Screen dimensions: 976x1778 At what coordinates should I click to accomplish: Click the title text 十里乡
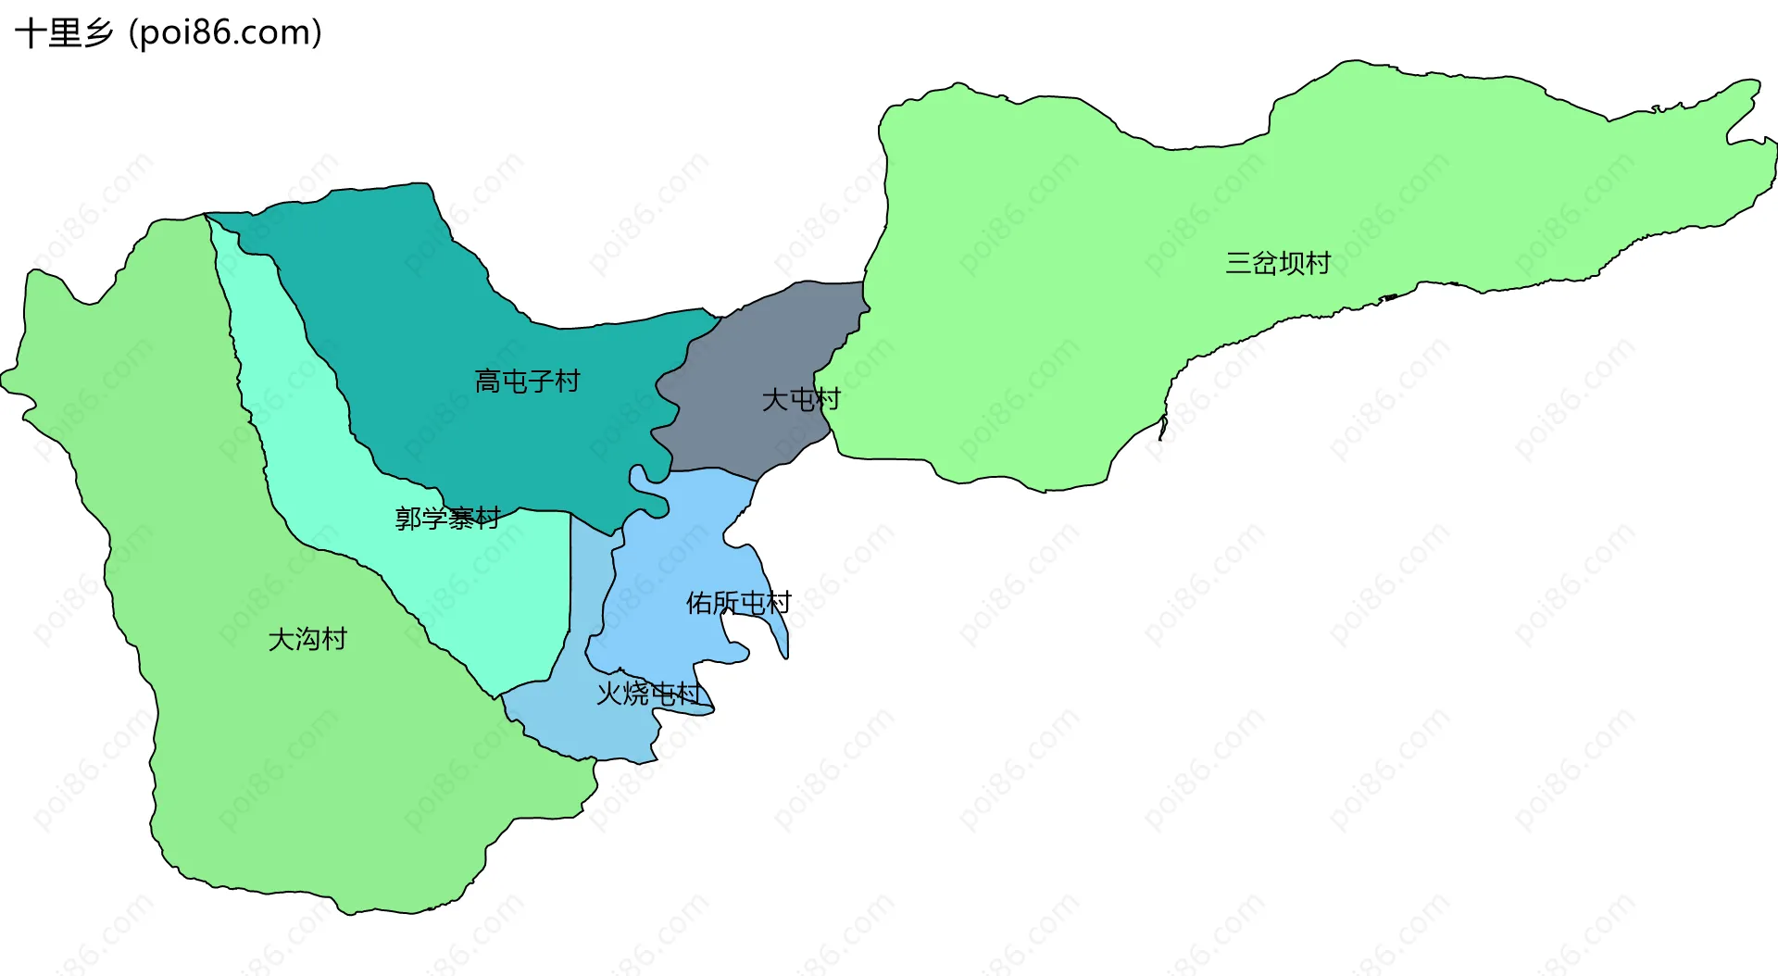(x=64, y=33)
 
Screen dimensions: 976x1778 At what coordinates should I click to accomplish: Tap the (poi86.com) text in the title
(x=226, y=33)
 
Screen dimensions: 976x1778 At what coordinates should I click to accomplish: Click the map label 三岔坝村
(x=1278, y=263)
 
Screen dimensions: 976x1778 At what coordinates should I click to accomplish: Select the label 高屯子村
(x=527, y=381)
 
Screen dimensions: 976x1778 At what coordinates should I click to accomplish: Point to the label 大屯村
(x=800, y=399)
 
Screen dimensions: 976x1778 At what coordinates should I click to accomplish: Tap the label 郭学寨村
(x=448, y=518)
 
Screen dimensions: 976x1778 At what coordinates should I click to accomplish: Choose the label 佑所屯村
(x=738, y=603)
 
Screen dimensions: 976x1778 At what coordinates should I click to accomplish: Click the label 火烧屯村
(x=648, y=693)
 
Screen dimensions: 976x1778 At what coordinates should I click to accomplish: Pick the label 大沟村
(x=307, y=639)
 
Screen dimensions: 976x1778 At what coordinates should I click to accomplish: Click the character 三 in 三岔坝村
(x=1238, y=263)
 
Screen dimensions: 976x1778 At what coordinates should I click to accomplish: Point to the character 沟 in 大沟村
(x=307, y=639)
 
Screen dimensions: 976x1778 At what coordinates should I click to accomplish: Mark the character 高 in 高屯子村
(x=487, y=381)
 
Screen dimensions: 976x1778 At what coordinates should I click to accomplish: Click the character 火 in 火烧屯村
(x=608, y=693)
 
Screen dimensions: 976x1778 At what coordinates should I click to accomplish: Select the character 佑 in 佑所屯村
(x=699, y=603)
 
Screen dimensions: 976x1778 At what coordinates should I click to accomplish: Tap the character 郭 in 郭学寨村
(x=408, y=518)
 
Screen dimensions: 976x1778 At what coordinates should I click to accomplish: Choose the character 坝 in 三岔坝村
(x=1291, y=263)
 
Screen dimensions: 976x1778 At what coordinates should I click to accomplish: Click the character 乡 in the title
(x=98, y=33)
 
